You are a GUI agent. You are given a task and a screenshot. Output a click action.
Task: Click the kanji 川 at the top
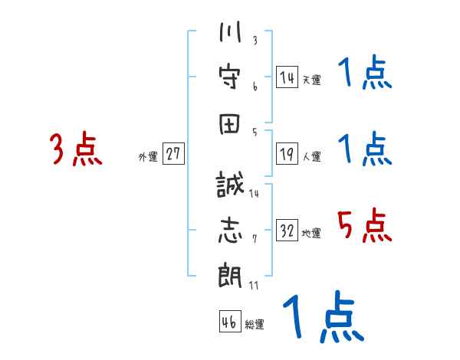(x=231, y=35)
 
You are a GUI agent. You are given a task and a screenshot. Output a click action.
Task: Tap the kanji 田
(x=231, y=124)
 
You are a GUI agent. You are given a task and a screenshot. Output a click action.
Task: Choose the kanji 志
(x=231, y=231)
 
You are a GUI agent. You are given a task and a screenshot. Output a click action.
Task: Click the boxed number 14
(x=287, y=77)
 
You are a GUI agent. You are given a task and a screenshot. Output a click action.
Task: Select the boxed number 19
(x=287, y=155)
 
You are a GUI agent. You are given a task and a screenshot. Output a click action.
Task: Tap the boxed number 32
(x=287, y=231)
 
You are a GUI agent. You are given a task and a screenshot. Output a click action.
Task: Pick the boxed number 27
(x=174, y=155)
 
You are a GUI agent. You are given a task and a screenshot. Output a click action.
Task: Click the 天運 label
(x=311, y=80)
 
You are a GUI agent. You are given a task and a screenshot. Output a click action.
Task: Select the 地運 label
(x=311, y=234)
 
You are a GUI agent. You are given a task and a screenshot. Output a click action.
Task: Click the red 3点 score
(x=76, y=149)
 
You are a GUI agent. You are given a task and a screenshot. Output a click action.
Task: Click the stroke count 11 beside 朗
(x=254, y=286)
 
